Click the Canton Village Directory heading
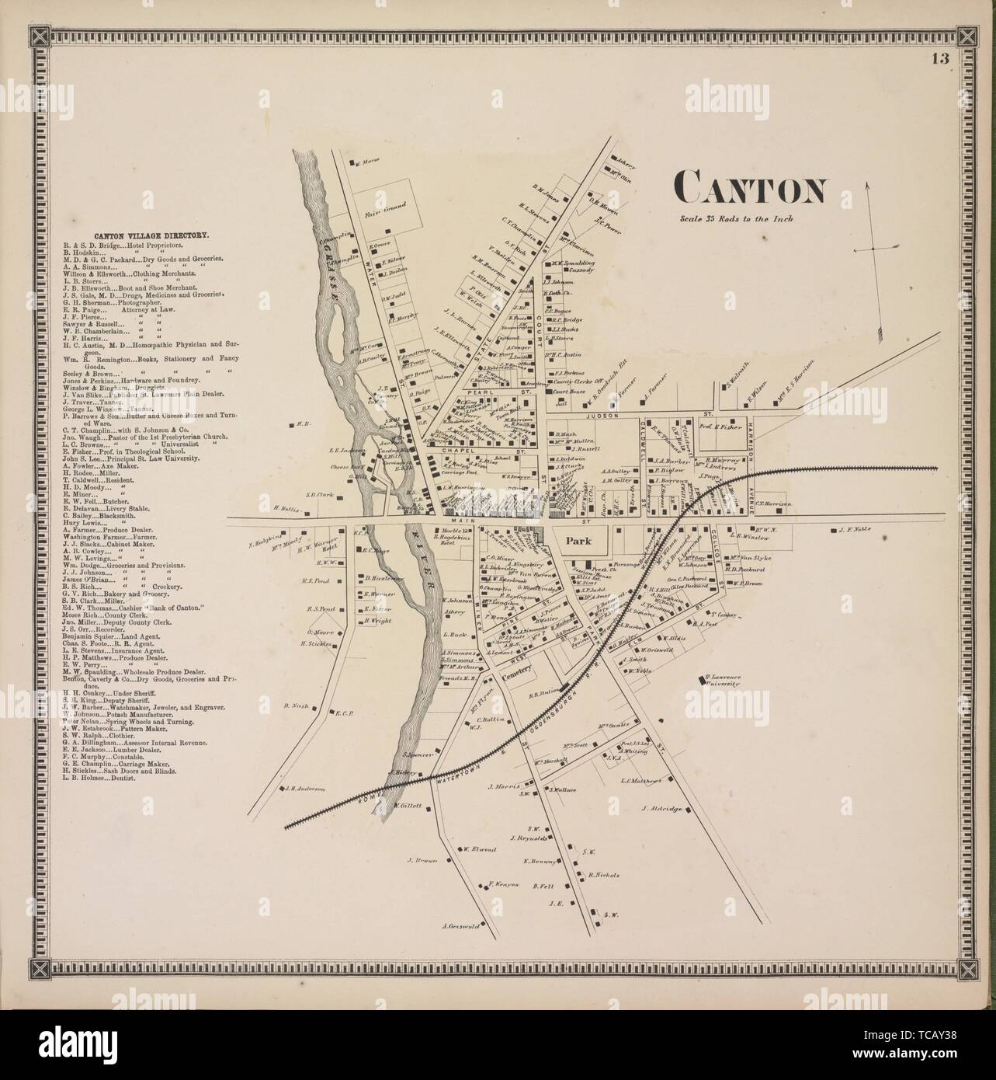140,234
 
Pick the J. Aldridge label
662,809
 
